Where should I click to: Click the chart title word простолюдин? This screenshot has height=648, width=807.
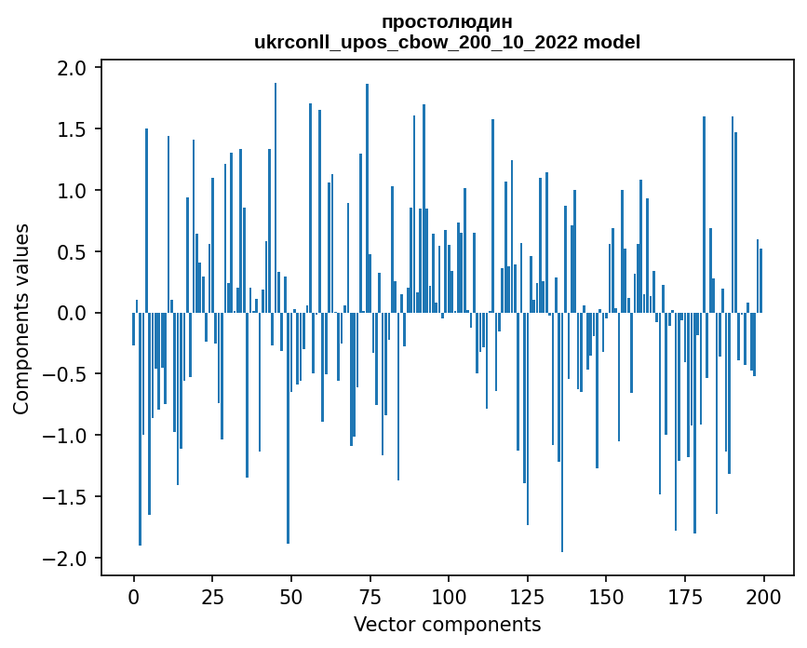tap(447, 21)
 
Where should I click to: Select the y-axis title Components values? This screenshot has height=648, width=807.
tap(21, 317)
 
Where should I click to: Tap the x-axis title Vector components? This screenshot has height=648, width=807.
tap(447, 624)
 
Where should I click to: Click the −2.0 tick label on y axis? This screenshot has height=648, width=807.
tap(66, 559)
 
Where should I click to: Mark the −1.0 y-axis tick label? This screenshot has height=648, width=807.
tap(66, 436)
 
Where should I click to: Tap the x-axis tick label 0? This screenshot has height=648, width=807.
tap(133, 596)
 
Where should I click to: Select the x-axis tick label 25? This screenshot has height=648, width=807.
tap(212, 596)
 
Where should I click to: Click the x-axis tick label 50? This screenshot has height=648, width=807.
tap(291, 596)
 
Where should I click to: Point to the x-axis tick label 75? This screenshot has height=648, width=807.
tap(370, 596)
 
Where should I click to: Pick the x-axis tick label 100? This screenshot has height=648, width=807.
tap(449, 596)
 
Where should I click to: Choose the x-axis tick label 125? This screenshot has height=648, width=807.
tap(528, 596)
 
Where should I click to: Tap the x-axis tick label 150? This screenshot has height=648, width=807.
tap(606, 596)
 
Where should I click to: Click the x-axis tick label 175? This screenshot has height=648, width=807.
tap(685, 596)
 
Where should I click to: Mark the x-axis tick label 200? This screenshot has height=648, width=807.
tap(763, 596)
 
